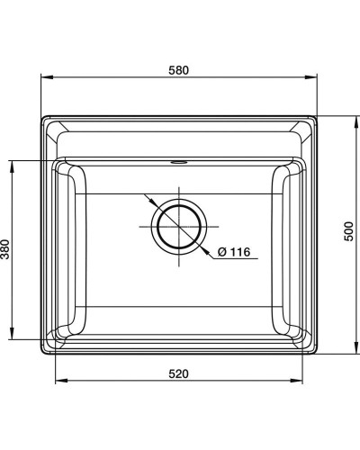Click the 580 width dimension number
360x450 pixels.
pyautogui.click(x=179, y=71)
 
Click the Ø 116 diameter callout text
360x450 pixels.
pyautogui.click(x=232, y=253)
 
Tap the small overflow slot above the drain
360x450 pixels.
pyautogui.click(x=178, y=164)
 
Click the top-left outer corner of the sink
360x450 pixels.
pyautogui.click(x=42, y=116)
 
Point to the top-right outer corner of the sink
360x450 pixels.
pyautogui.click(x=318, y=116)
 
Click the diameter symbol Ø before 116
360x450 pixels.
pyautogui.click(x=220, y=253)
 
